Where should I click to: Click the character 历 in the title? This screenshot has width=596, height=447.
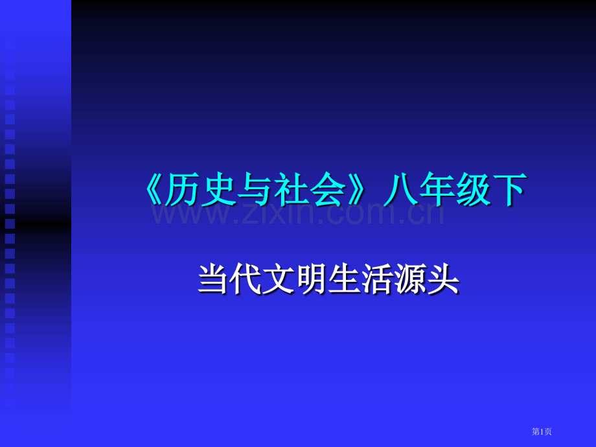181,191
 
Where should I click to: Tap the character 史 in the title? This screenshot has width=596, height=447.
218,191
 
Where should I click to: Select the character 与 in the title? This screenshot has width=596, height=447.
254,191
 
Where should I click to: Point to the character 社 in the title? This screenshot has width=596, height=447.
291,191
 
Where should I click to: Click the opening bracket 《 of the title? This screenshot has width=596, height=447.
153,191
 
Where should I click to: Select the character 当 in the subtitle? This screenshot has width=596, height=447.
214,281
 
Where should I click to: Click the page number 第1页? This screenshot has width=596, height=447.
542,431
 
